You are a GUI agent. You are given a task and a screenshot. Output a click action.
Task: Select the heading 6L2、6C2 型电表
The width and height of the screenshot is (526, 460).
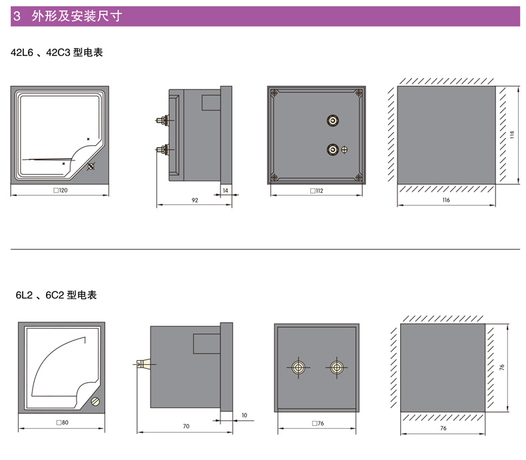tap(51, 294)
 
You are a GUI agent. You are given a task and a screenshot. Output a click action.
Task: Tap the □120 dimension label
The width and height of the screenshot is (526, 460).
tap(60, 190)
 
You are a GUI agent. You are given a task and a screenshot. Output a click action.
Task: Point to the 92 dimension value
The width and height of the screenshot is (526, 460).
tap(194, 200)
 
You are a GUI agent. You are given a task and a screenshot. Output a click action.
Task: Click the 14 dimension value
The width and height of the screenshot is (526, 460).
tap(225, 190)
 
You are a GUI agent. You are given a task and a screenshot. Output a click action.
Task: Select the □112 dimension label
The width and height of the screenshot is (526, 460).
tap(316, 190)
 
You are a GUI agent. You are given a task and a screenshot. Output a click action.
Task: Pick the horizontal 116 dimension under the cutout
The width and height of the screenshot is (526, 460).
tap(445, 200)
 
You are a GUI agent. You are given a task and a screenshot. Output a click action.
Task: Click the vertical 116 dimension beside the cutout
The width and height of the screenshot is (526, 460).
tap(512, 135)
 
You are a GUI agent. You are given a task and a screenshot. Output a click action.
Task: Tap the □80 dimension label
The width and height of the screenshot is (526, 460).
tap(61, 423)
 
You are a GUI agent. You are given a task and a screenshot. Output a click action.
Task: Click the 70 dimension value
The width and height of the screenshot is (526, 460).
tap(186, 426)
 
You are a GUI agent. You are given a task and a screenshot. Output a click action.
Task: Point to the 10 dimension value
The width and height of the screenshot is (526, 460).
tap(244, 415)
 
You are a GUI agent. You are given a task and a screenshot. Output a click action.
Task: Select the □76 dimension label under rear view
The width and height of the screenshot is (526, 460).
tap(317, 423)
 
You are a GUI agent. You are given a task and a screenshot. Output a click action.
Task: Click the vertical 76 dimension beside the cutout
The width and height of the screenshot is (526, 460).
tap(502, 367)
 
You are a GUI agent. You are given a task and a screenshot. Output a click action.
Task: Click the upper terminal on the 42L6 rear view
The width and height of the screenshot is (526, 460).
tap(332, 120)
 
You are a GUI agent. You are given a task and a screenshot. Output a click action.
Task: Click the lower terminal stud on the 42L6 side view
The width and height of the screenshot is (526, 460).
tap(162, 149)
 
